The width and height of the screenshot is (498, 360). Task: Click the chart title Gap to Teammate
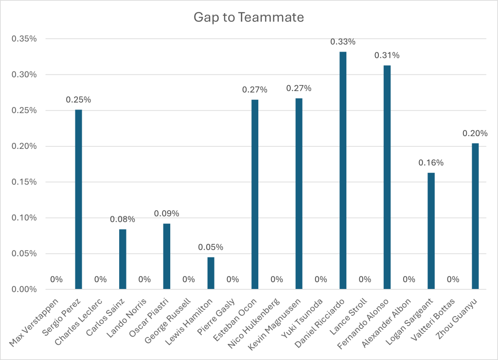point(249,18)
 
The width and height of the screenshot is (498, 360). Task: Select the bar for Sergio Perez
point(78,199)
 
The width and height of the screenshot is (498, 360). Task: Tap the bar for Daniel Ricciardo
point(343,170)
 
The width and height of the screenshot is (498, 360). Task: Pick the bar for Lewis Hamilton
point(211,273)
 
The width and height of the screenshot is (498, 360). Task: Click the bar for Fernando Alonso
point(387,177)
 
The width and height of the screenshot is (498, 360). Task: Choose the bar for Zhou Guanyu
point(475,216)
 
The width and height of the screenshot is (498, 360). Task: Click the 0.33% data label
point(343,42)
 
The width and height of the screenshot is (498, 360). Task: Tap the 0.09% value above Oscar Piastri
point(166,213)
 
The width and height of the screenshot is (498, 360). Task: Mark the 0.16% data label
point(431,162)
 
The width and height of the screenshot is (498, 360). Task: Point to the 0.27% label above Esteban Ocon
point(255,90)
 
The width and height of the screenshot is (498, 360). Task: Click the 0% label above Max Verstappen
point(56,279)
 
